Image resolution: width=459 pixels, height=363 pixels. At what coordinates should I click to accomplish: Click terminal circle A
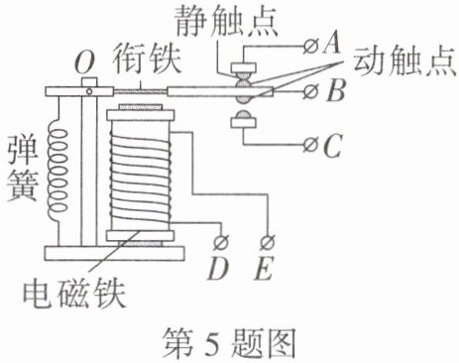tap(310, 47)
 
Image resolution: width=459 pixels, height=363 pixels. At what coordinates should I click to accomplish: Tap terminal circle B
tap(310, 91)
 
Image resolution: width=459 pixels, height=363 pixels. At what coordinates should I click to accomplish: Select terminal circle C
tap(310, 145)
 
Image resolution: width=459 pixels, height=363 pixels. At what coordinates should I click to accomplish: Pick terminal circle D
tap(221, 243)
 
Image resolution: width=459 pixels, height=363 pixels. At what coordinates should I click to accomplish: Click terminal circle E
tap(268, 243)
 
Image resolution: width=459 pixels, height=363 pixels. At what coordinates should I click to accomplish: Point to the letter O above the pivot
tap(85, 62)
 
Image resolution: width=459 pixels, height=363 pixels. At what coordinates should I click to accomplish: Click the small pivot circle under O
tap(89, 91)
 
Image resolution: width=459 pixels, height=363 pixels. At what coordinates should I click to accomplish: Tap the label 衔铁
tap(147, 60)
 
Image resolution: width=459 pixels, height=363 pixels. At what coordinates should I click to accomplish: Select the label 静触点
tap(226, 21)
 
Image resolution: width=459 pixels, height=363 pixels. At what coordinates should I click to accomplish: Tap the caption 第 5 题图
tap(229, 343)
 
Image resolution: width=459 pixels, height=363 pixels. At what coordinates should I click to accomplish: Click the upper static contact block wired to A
tap(243, 67)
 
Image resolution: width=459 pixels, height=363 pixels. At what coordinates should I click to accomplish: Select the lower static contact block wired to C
tap(243, 123)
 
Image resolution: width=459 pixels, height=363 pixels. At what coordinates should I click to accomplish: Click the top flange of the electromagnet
tap(140, 115)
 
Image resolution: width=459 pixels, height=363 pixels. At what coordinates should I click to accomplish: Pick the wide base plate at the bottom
tap(114, 254)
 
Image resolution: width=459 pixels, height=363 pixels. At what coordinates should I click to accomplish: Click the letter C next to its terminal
tap(332, 145)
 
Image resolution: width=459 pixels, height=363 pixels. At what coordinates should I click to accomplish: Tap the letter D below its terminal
tap(218, 268)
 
